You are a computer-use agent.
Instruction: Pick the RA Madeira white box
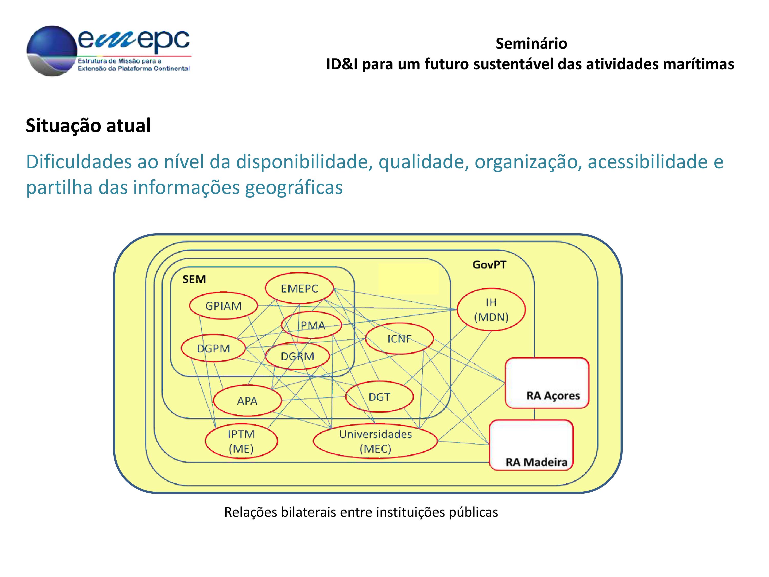click(531, 445)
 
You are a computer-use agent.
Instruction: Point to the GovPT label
click(489, 265)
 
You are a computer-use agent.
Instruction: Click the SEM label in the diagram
click(194, 279)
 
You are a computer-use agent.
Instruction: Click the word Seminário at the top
click(531, 44)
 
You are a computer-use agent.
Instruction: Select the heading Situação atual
click(88, 126)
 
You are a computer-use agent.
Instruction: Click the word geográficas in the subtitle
click(294, 187)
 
